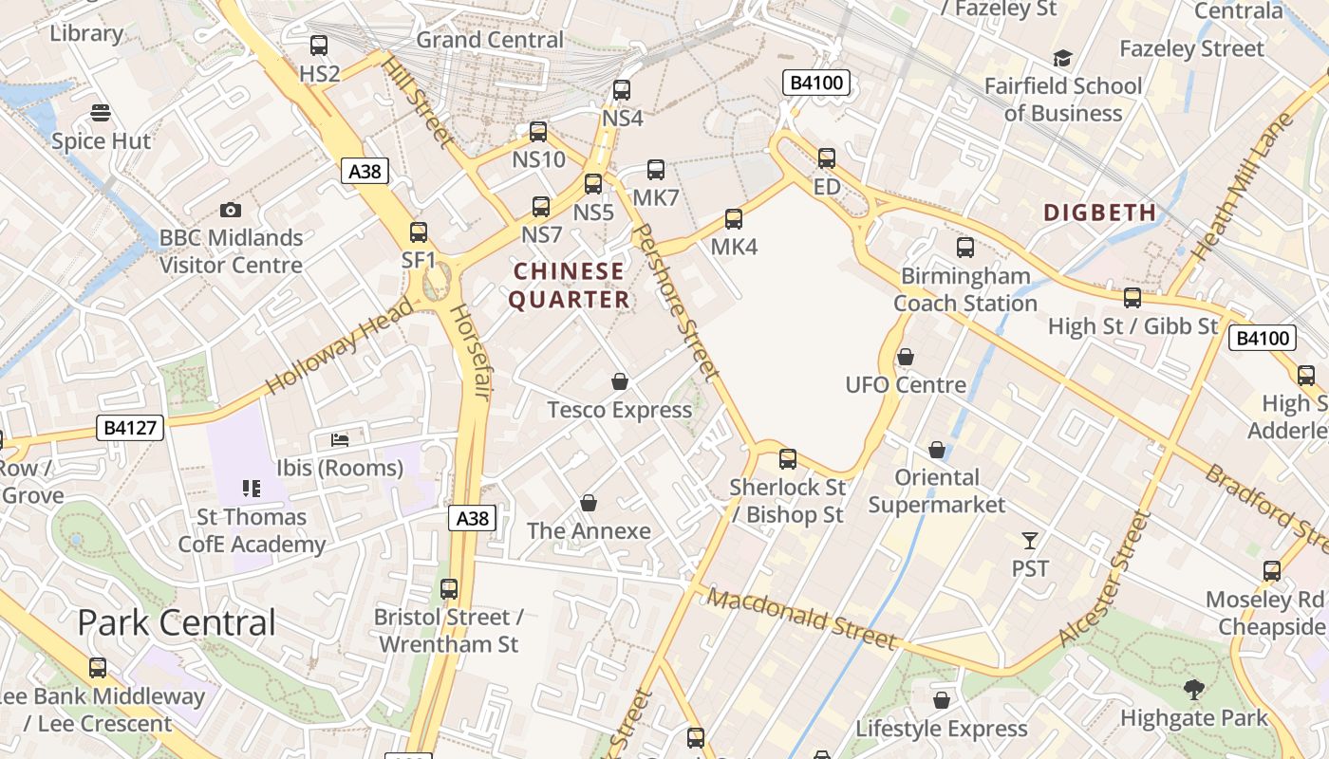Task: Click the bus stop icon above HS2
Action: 319,45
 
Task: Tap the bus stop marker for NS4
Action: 622,90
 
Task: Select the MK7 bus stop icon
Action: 656,170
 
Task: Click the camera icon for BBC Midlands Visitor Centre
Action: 230,210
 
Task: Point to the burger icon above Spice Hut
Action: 101,114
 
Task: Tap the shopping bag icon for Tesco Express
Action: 620,381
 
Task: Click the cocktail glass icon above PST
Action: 1030,541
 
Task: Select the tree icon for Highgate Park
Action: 1194,690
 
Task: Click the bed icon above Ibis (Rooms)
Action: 340,440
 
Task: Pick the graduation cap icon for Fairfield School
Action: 1062,59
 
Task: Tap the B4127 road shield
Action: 130,428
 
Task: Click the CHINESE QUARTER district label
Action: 570,286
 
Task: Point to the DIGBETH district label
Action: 1100,213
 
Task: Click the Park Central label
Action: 177,622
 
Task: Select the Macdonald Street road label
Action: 802,620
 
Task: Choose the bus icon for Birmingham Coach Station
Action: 965,249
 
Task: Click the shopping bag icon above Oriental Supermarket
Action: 937,450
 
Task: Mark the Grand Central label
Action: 490,40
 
